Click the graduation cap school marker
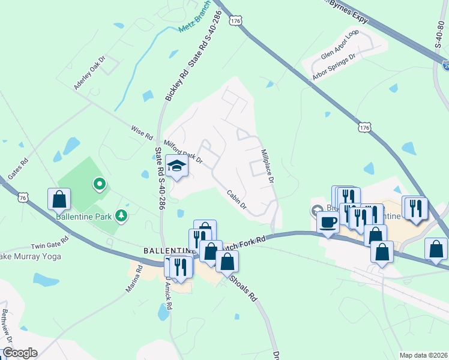(x=177, y=166)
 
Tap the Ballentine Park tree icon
(x=121, y=215)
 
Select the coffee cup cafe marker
(x=328, y=223)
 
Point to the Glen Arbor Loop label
(x=339, y=46)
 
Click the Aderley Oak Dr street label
(x=89, y=73)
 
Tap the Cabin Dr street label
(x=237, y=199)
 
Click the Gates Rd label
(x=18, y=170)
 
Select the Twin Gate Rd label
(x=50, y=246)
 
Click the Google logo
(x=20, y=353)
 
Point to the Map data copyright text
(x=423, y=355)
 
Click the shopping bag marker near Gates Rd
(x=59, y=199)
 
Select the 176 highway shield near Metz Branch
(x=236, y=20)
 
